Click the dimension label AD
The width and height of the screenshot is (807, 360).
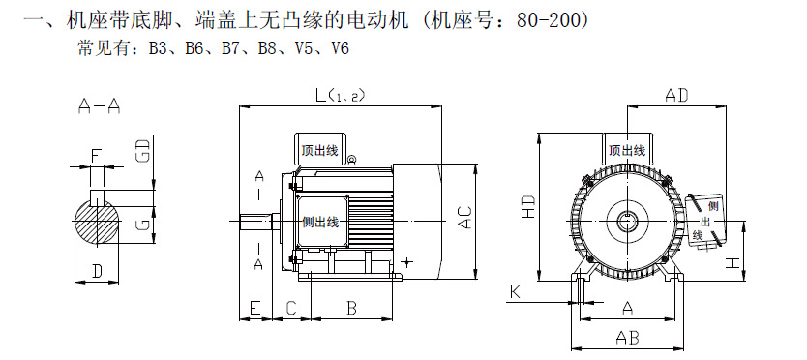point(676,95)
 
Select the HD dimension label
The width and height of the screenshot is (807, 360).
point(528,207)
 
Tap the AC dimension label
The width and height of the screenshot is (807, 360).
point(464,218)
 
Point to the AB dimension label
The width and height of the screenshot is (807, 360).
point(627,338)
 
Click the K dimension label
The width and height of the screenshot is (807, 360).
point(515,292)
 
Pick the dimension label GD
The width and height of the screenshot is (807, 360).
point(146,150)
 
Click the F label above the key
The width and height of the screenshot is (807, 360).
point(95,155)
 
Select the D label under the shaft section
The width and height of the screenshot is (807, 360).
point(97,271)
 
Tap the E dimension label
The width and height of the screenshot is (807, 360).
point(254,308)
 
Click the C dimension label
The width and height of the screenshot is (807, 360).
point(291,308)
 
